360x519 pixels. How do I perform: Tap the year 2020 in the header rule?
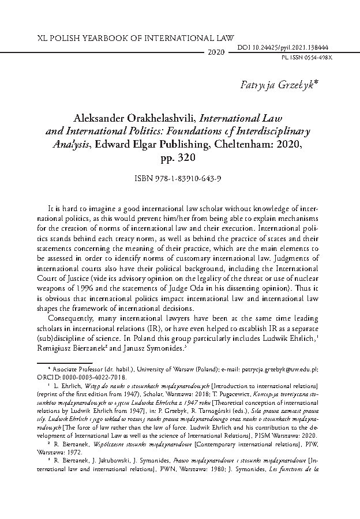pyautogui.click(x=215, y=52)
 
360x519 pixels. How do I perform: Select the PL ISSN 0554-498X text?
pyautogui.click(x=319, y=59)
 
